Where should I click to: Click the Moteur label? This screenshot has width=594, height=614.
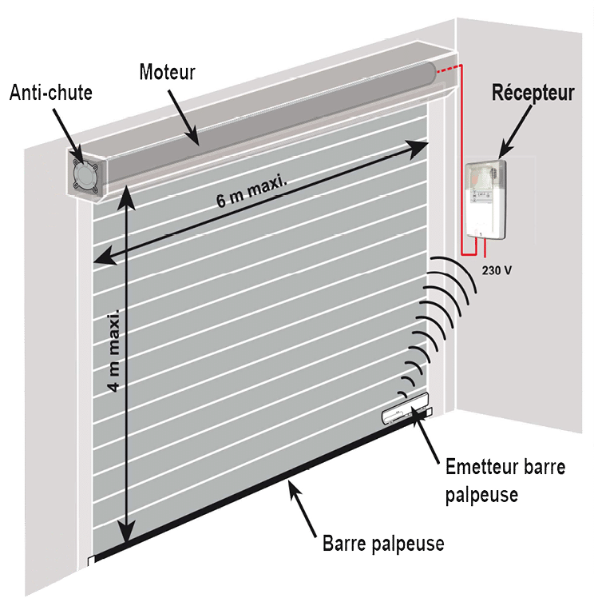167,72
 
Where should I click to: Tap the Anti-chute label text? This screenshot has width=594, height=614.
51,93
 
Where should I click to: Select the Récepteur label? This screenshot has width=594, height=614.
533,94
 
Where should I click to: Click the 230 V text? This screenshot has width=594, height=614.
497,270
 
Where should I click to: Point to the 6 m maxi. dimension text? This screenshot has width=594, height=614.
251,192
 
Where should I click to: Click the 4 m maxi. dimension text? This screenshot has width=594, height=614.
114,350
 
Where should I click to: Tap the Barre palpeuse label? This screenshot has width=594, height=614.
383,544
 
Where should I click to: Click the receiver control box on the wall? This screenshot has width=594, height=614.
485,200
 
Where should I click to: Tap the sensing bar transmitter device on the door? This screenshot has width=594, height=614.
405,409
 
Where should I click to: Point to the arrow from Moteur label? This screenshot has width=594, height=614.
184,118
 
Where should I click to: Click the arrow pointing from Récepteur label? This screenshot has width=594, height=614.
516,132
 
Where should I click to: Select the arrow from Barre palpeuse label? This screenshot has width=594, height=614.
303,508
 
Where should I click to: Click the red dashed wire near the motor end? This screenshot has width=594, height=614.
447,70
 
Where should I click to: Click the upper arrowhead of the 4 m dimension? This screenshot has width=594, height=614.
126,197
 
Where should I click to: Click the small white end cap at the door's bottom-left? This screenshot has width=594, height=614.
91,561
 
